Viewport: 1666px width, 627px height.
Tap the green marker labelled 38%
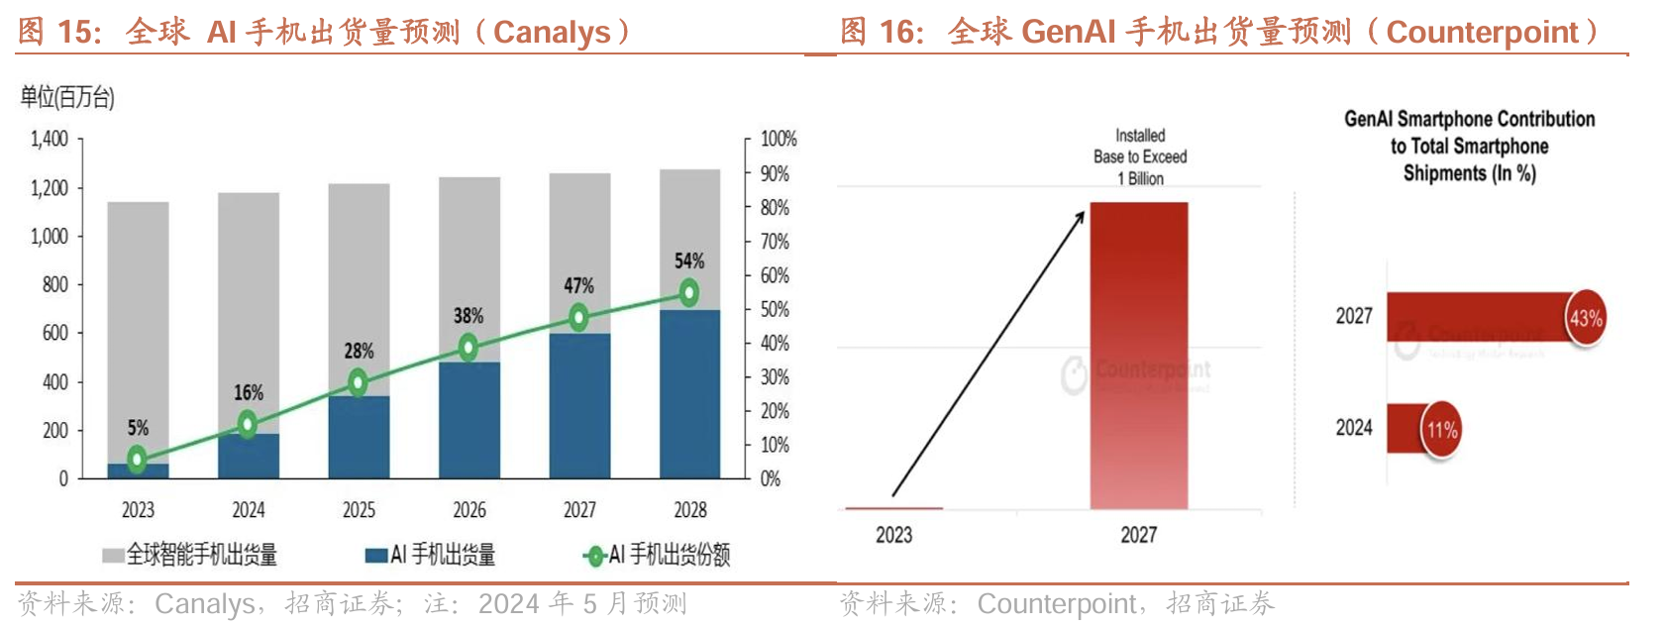tap(469, 347)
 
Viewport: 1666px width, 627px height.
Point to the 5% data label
tap(138, 428)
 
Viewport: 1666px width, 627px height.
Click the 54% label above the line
tap(689, 261)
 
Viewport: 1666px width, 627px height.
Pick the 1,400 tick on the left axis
tap(49, 139)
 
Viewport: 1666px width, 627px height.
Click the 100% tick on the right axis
tap(779, 139)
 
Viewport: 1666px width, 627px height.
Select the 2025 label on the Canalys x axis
tap(359, 510)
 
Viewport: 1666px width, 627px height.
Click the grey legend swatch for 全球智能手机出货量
tap(113, 556)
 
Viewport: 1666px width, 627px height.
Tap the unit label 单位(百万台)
tap(67, 97)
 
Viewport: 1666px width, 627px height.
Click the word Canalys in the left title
tap(552, 33)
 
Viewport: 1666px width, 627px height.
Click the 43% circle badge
tap(1585, 318)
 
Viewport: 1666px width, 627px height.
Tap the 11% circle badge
tap(1441, 430)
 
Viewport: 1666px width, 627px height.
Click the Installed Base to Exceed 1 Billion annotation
tap(1140, 157)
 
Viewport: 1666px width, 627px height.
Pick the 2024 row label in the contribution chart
tap(1353, 428)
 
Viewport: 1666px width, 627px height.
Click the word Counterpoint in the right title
tap(1482, 33)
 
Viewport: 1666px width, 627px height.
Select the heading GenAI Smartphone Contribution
tap(1469, 120)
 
